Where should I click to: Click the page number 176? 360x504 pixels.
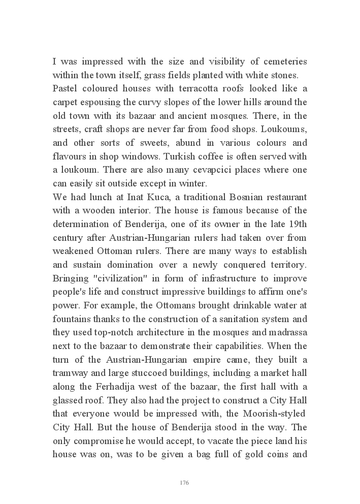click(x=184, y=482)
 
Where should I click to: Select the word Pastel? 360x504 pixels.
click(x=65, y=89)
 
